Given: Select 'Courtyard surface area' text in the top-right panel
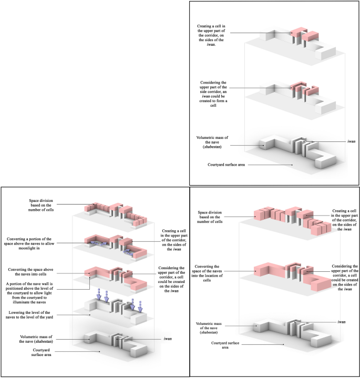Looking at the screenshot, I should coord(227,164).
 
